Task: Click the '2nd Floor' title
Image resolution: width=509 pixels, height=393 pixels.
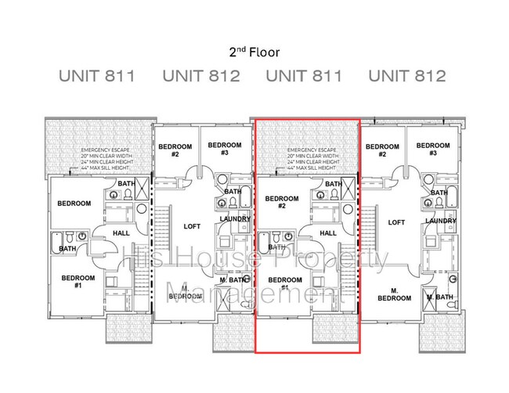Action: [254, 52]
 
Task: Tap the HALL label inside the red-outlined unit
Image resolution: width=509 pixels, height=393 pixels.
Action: [328, 233]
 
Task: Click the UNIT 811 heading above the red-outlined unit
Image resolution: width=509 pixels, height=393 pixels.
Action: [304, 77]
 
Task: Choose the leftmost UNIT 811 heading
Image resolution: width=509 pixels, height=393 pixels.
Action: [98, 77]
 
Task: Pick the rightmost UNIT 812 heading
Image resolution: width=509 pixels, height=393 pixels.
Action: [407, 77]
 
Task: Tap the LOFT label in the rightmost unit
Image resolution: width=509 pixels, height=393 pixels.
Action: [397, 222]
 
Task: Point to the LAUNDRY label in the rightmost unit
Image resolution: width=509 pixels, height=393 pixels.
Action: [441, 222]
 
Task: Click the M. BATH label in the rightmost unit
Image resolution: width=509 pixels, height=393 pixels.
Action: [440, 297]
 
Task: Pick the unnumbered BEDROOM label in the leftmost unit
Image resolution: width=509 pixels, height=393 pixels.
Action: [74, 204]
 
